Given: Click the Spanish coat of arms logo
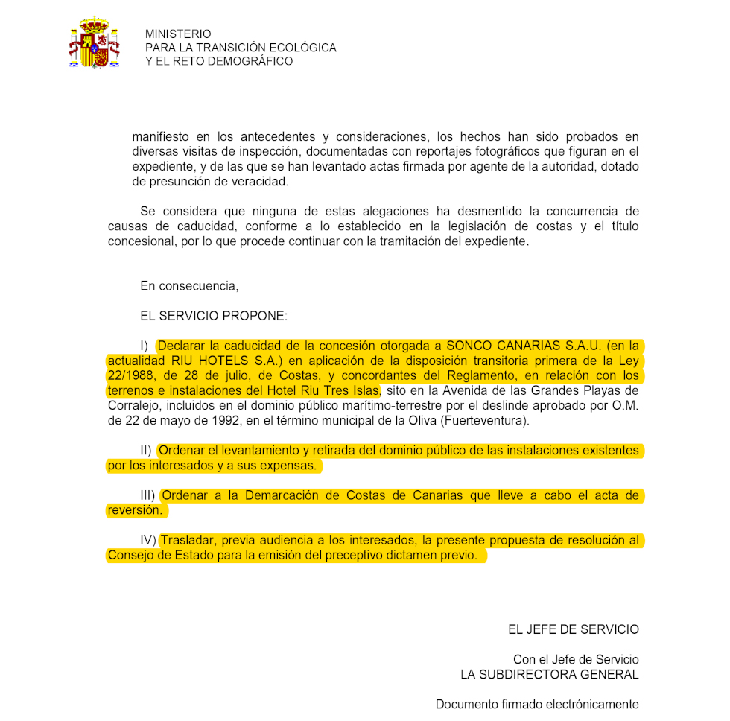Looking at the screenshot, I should pos(94,44).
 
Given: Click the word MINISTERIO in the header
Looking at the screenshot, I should pos(178,34).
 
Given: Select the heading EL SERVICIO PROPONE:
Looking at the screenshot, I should pos(213,316).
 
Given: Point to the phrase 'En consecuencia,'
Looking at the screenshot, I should pos(189,286).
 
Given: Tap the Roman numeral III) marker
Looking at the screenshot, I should pos(147,495).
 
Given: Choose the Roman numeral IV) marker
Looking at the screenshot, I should pos(147,540).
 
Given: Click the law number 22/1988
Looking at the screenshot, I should pos(130,376).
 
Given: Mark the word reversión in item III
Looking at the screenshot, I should pos(135,510).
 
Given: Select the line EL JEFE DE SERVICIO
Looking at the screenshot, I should pos(573,630).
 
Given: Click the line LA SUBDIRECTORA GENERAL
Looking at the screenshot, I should pos(549,675).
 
